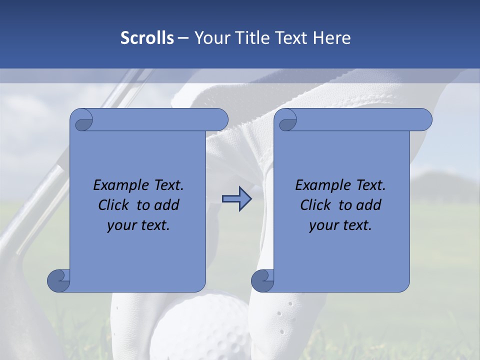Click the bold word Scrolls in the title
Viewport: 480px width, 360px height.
click(147, 38)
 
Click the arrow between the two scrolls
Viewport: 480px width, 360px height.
click(236, 198)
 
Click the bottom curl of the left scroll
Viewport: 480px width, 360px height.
click(59, 280)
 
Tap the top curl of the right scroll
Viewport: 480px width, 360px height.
click(287, 121)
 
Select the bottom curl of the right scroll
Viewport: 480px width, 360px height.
click(262, 280)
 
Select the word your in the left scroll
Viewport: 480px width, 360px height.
click(121, 225)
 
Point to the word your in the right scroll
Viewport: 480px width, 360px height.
click(323, 225)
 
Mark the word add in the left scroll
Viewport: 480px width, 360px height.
click(167, 205)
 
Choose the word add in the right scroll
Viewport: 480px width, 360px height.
click(369, 205)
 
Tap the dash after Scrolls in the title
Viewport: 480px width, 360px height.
click(183, 38)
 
